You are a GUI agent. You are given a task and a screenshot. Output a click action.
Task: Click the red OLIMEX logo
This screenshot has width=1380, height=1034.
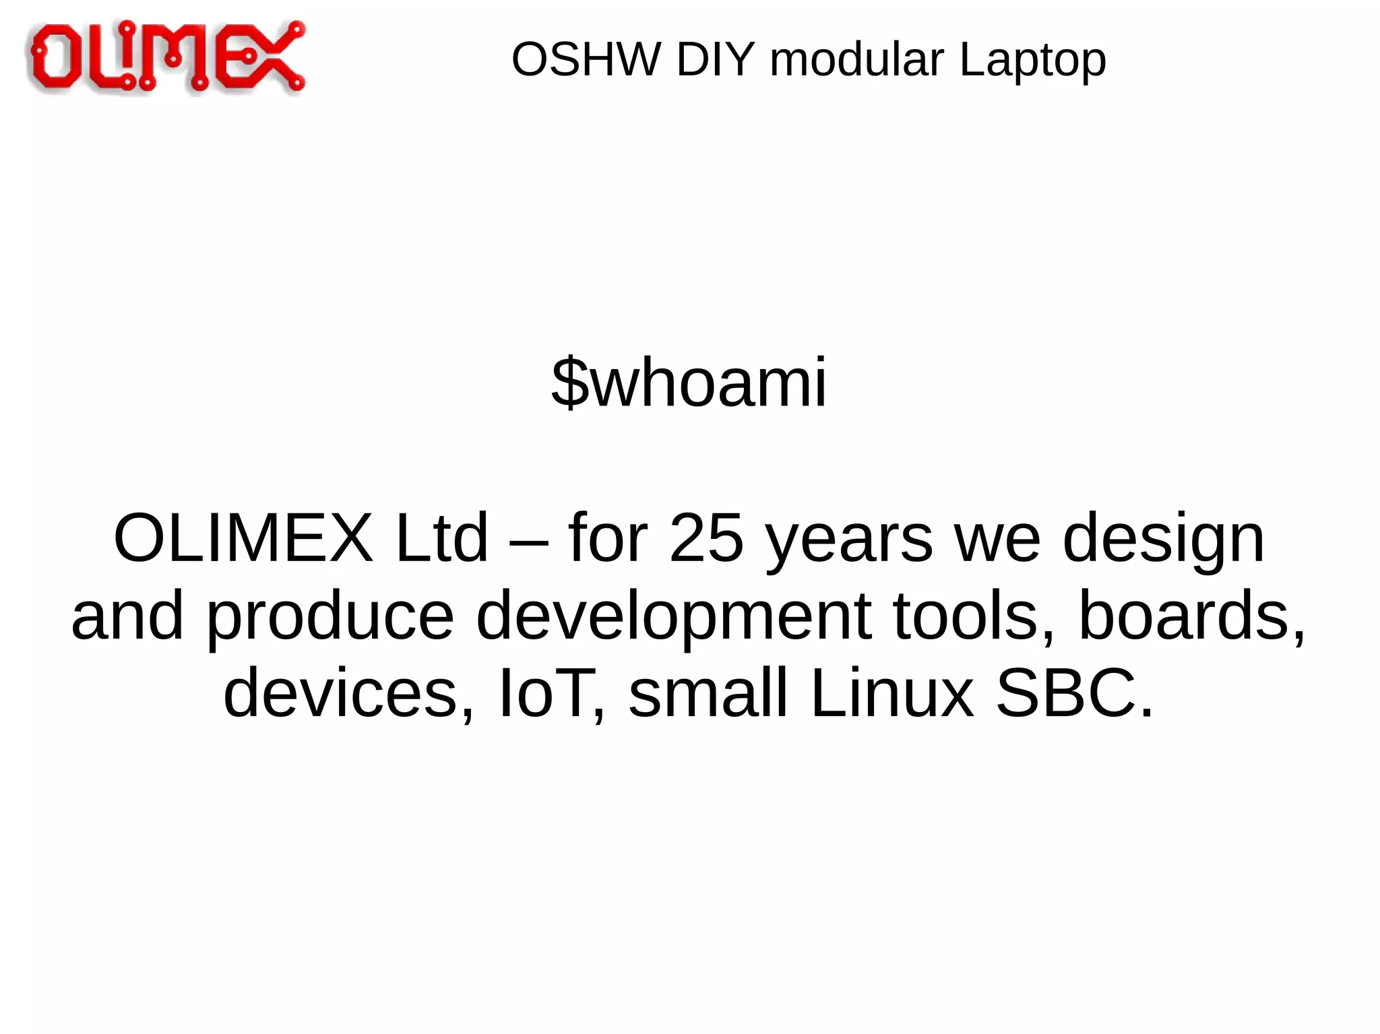pyautogui.click(x=166, y=57)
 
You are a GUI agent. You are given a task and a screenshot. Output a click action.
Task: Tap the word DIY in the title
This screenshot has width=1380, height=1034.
pyautogui.click(x=715, y=59)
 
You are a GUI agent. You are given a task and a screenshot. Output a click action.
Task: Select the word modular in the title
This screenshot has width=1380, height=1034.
pyautogui.click(x=856, y=59)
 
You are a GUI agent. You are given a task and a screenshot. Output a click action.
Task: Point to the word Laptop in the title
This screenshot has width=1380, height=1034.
pyautogui.click(x=1032, y=61)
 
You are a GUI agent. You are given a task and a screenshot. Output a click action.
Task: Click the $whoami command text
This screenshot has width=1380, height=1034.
pyautogui.click(x=689, y=383)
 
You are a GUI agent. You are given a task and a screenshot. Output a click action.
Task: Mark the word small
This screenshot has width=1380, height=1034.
pyautogui.click(x=708, y=692)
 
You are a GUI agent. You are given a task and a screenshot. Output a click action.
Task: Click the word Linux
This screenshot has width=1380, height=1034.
pyautogui.click(x=892, y=692)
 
